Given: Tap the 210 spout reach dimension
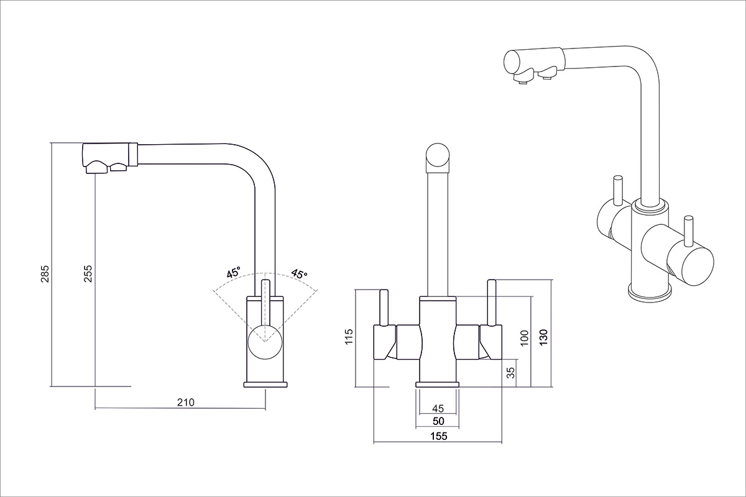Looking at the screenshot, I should click(x=186, y=402).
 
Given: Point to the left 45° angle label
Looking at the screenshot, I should click(x=234, y=273).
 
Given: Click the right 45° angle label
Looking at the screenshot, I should click(x=299, y=273).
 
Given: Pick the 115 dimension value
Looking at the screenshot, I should click(x=348, y=337).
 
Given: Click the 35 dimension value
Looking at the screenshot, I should click(x=510, y=373).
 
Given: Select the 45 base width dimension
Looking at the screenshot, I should click(x=438, y=408).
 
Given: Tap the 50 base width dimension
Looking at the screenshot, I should click(x=438, y=421).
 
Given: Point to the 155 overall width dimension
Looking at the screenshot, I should click(x=438, y=436).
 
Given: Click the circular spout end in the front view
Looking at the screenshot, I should click(x=438, y=156).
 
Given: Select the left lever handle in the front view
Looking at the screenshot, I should click(x=384, y=308).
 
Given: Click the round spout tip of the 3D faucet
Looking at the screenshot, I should click(x=512, y=62).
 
